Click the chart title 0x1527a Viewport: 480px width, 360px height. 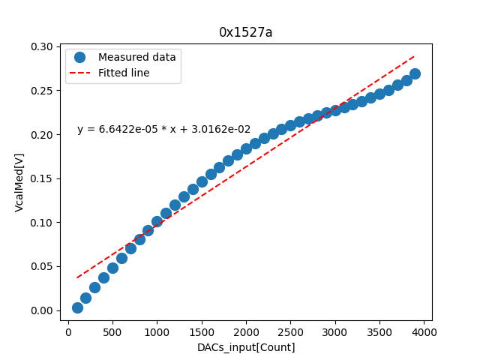click(x=246, y=32)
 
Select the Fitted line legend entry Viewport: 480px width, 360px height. click(x=124, y=73)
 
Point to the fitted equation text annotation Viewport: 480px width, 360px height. click(x=163, y=130)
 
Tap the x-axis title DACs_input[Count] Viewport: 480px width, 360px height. click(x=246, y=347)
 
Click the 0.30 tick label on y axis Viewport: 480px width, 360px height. click(x=42, y=46)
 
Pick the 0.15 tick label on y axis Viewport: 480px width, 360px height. click(x=42, y=178)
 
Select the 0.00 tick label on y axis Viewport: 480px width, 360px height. click(x=42, y=310)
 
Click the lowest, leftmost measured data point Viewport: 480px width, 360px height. click(x=77, y=307)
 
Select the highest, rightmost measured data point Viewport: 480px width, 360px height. click(x=415, y=73)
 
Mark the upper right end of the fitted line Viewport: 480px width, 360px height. click(x=415, y=55)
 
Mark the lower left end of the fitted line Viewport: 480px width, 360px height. click(x=77, y=278)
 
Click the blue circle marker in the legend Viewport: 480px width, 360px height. click(x=80, y=57)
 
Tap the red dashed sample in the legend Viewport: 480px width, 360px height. click(x=80, y=73)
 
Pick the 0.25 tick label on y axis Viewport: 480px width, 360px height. click(x=42, y=91)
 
